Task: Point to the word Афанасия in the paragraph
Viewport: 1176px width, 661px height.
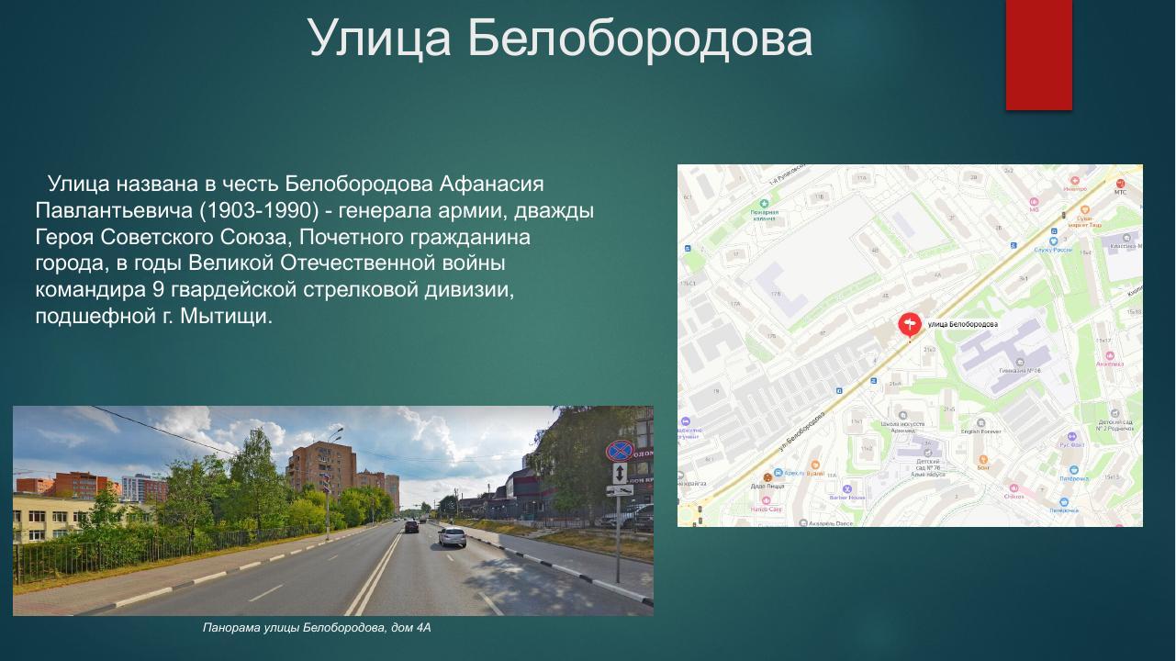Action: click(x=491, y=184)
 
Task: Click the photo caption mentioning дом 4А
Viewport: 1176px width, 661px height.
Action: click(x=317, y=628)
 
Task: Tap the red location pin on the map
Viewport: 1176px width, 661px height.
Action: click(x=909, y=325)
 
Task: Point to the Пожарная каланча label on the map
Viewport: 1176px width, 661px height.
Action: click(x=765, y=215)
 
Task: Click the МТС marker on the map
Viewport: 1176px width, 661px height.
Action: click(x=1119, y=186)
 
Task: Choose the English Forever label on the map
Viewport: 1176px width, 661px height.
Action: click(x=980, y=431)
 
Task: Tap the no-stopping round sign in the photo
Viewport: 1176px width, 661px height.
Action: click(x=620, y=451)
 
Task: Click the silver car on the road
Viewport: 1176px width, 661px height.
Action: click(x=452, y=536)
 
